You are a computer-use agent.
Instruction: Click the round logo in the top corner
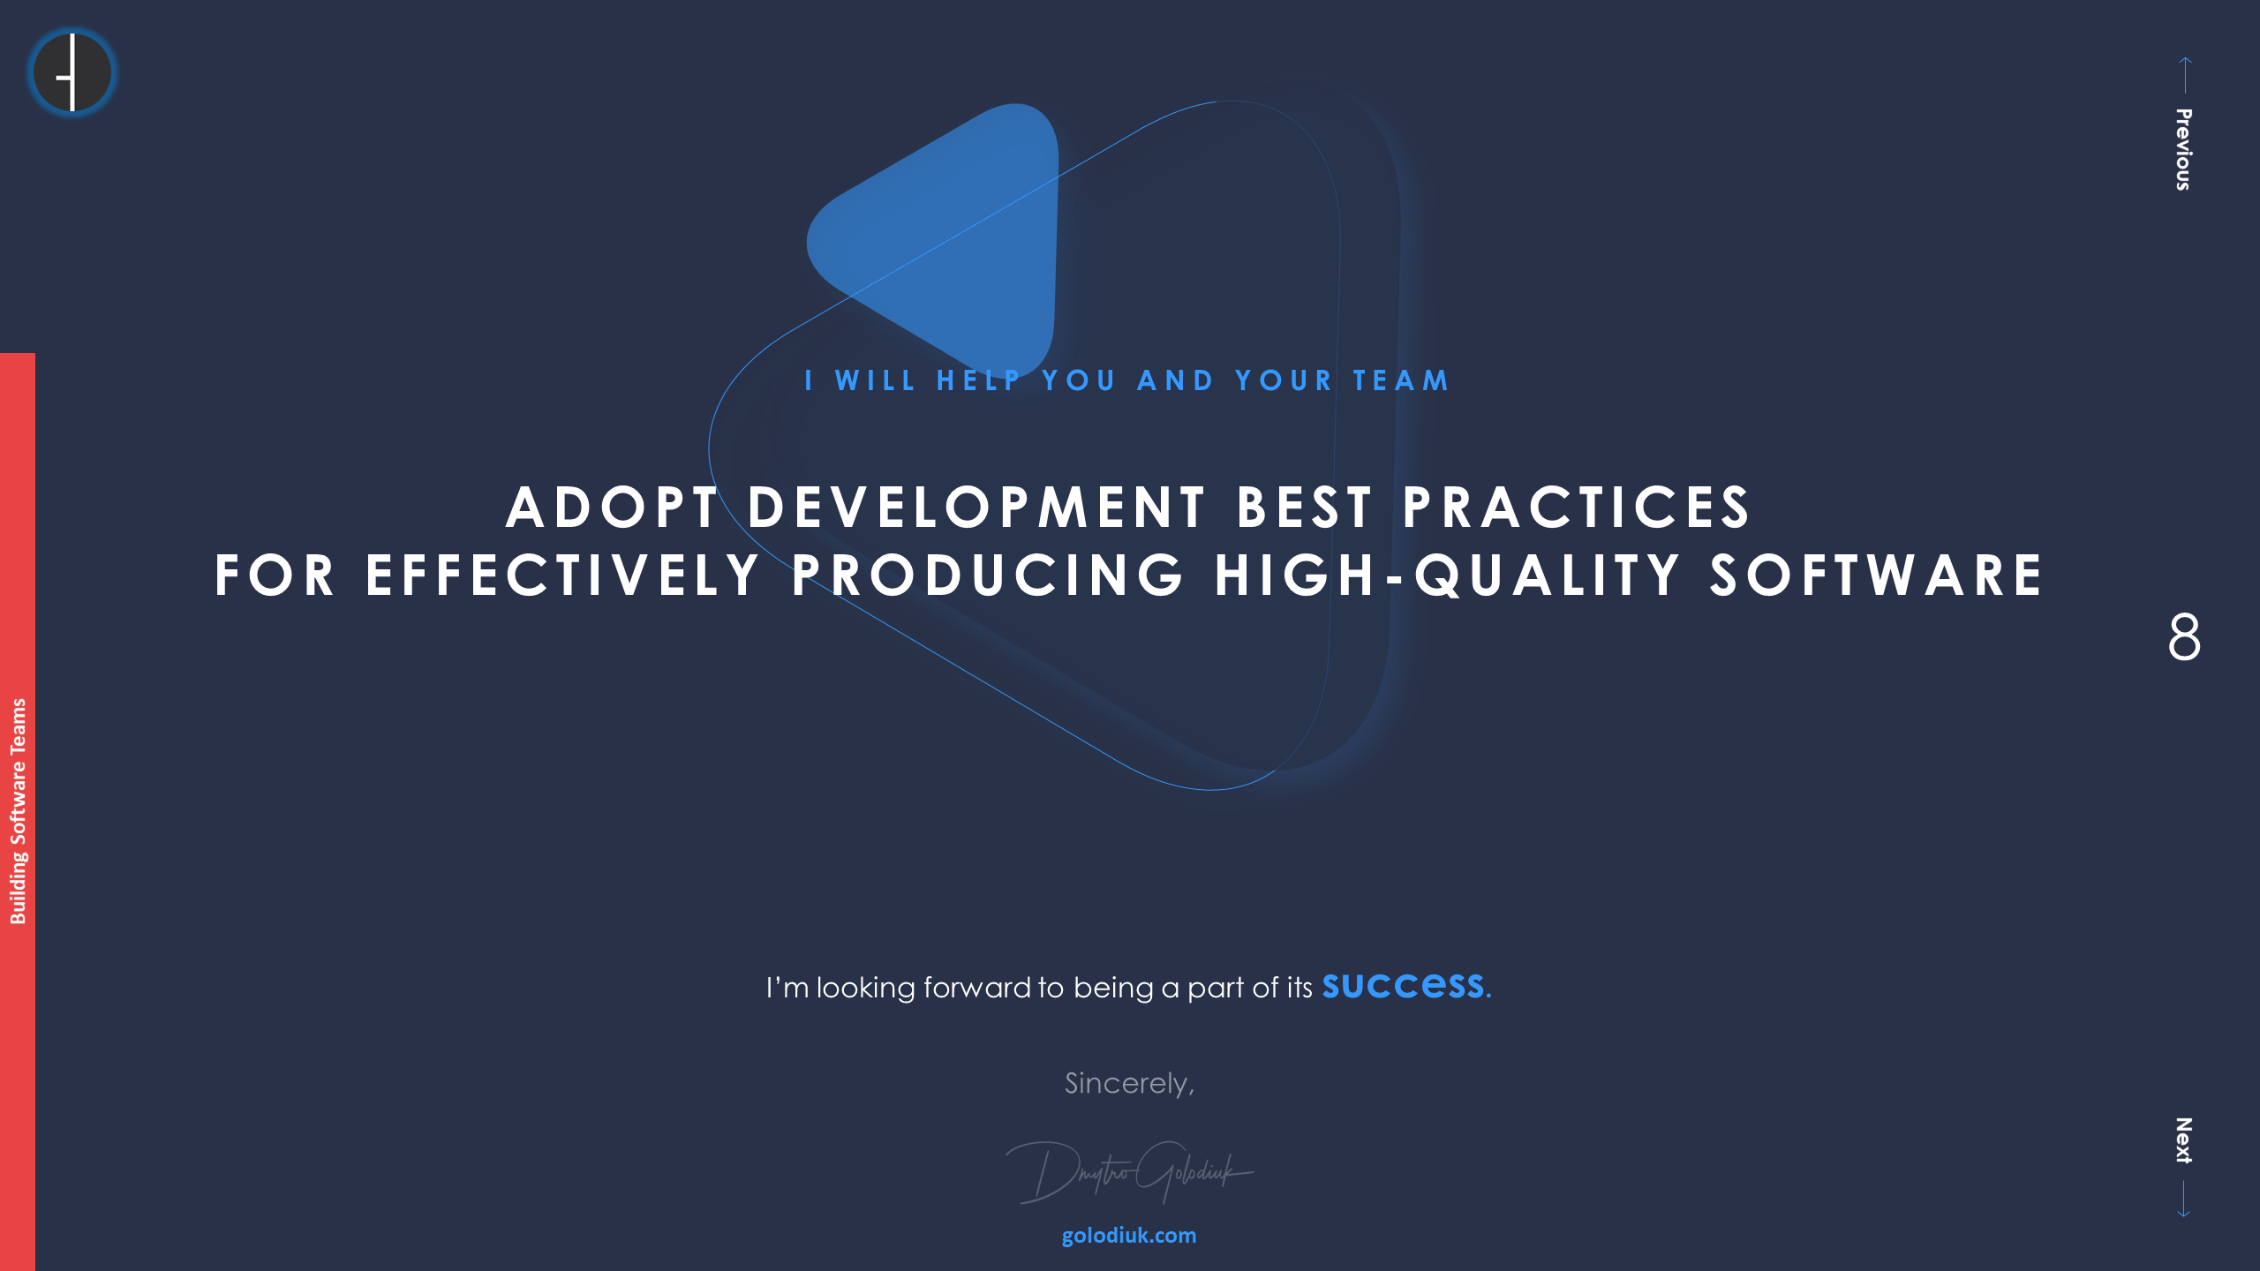click(x=72, y=72)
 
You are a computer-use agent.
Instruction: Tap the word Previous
click(x=2183, y=149)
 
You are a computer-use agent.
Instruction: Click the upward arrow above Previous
click(x=2185, y=75)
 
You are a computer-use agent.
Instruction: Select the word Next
click(x=2183, y=1140)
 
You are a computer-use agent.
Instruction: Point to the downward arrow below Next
click(x=2183, y=1200)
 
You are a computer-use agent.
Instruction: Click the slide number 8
click(x=2184, y=636)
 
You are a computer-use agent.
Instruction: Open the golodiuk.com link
click(x=1129, y=1236)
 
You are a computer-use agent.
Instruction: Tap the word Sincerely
click(x=1129, y=1083)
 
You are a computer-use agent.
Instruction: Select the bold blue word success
click(x=1403, y=985)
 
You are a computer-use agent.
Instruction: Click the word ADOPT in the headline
click(x=612, y=508)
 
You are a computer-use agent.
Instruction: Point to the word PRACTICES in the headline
click(x=1576, y=508)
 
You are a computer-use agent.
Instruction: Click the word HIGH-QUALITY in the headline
click(x=1447, y=575)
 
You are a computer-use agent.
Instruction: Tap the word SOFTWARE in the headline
click(x=1876, y=575)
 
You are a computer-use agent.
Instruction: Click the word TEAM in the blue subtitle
click(x=1401, y=380)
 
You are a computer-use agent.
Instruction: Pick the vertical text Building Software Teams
click(x=18, y=811)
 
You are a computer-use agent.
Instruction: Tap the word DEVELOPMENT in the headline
click(x=977, y=508)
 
